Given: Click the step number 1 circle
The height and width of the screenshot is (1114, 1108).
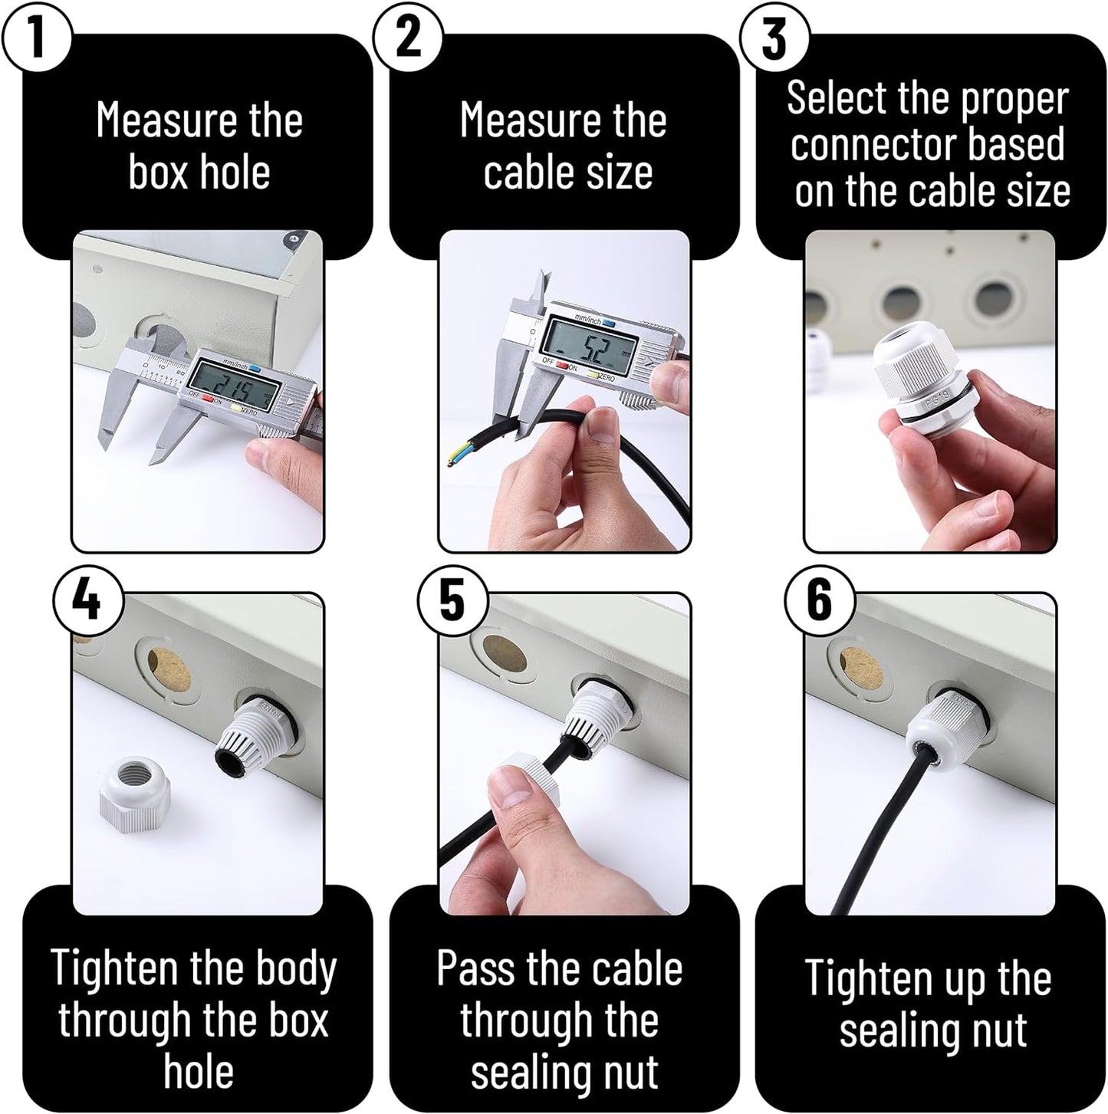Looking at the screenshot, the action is click(x=37, y=38).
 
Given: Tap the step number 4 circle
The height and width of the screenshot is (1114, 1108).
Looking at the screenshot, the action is click(x=87, y=600).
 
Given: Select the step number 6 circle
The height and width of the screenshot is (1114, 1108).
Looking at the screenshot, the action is click(x=820, y=600).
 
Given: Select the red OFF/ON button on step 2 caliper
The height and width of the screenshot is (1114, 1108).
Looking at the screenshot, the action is click(x=561, y=363).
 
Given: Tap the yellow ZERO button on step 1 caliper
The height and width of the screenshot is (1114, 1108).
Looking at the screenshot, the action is click(x=235, y=406).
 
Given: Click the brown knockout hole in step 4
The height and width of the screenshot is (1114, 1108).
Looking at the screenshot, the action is click(x=169, y=670).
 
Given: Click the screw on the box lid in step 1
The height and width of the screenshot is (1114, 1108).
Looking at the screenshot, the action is click(x=292, y=236).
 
